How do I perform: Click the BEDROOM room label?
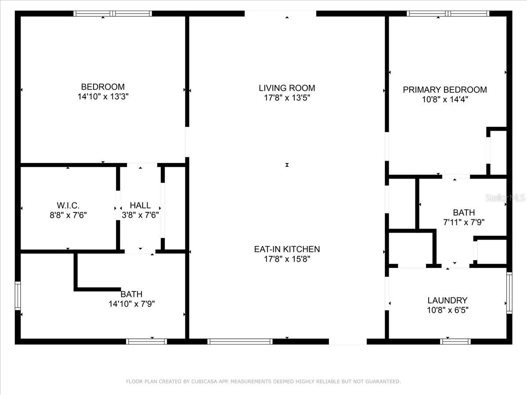pos(103,87)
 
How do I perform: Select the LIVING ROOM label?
pos(287,88)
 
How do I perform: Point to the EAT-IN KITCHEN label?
pos(287,249)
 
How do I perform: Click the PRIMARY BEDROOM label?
pos(445,90)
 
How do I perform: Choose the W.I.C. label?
pos(68,205)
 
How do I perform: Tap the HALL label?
pos(140,205)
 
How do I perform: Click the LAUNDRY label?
pos(448,301)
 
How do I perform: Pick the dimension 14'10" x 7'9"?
pos(132,304)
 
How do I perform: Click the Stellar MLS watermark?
pos(505,198)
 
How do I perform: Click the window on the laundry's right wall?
pos(509,293)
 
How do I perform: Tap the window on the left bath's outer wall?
pos(18,296)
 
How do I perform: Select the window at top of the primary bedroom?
pos(448,14)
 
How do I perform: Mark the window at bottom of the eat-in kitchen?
pos(240,341)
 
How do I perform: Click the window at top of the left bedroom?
pos(112,14)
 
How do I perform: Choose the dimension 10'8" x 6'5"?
pos(448,310)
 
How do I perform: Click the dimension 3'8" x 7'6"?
pos(140,215)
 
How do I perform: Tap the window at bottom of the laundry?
pos(455,341)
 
